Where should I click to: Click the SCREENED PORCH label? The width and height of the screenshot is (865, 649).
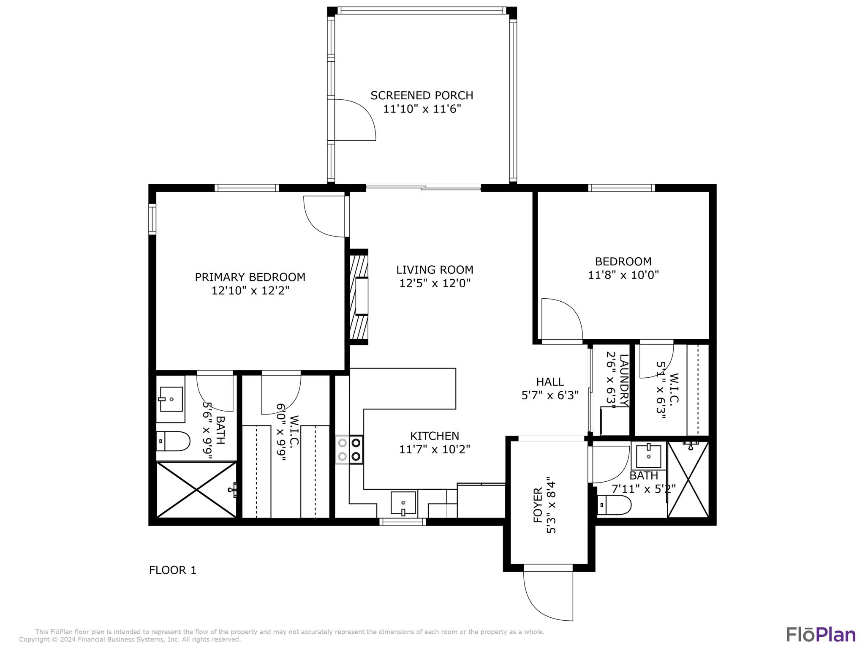pyautogui.click(x=422, y=95)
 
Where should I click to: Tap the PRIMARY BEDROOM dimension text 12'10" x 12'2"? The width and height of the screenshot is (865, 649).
pyautogui.click(x=250, y=291)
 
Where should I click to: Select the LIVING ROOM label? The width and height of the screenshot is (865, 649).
pyautogui.click(x=435, y=270)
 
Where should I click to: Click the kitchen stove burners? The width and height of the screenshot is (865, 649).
pyautogui.click(x=350, y=450)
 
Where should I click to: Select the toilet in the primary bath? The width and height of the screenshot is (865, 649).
pyautogui.click(x=173, y=441)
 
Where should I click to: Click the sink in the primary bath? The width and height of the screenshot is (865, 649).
pyautogui.click(x=170, y=399)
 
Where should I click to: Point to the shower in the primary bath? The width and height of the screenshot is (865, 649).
pyautogui.click(x=196, y=489)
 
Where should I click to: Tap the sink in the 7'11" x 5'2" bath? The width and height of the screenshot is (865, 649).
pyautogui.click(x=648, y=456)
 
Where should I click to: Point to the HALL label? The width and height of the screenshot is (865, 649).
pyautogui.click(x=550, y=382)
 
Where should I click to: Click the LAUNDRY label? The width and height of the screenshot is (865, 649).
pyautogui.click(x=624, y=380)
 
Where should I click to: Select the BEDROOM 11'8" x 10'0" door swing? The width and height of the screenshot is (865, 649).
pyautogui.click(x=562, y=319)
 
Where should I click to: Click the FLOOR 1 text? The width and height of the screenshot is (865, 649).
pyautogui.click(x=173, y=570)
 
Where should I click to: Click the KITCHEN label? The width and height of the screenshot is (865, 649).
pyautogui.click(x=435, y=436)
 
